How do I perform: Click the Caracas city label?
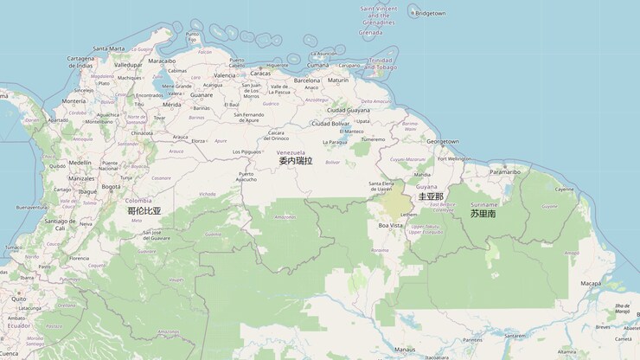point(236,73)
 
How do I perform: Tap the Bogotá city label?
point(111,186)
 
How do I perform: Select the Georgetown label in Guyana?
point(442,141)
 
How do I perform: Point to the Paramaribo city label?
point(504,171)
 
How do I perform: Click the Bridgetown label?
point(430,14)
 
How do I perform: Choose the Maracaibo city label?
point(162,61)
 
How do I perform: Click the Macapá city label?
point(590,283)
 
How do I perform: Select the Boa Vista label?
point(390,225)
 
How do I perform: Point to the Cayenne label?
point(564,189)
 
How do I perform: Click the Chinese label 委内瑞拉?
point(295,161)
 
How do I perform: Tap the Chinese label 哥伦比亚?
point(144,210)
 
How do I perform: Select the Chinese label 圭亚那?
point(430,196)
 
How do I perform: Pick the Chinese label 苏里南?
point(483,213)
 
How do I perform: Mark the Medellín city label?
point(80,162)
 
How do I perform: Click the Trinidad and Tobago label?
point(381,63)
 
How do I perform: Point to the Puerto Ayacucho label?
point(246,177)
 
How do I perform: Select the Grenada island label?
point(370,33)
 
